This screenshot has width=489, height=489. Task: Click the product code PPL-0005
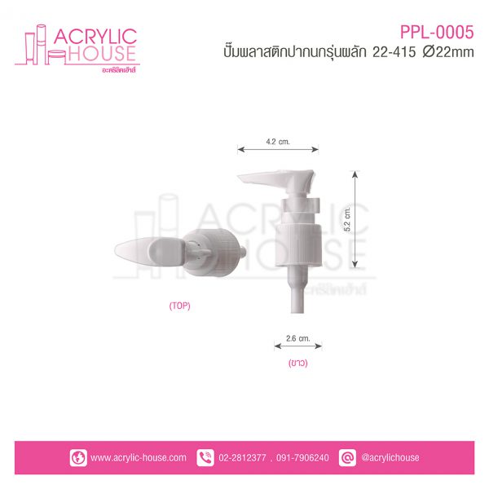tap(437, 32)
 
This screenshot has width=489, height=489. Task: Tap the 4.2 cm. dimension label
tap(278, 142)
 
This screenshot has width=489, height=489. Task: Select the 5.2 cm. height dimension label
tap(347, 218)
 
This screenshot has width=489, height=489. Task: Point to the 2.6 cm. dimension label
tap(297, 338)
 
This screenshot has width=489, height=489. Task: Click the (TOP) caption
tap(179, 306)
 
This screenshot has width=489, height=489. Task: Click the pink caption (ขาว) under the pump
tap(297, 363)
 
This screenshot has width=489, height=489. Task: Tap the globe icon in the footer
tap(78, 458)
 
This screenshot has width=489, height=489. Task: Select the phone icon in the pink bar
tap(205, 458)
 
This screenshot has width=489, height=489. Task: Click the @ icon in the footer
tap(347, 458)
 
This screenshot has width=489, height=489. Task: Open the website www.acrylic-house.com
tap(139, 458)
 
